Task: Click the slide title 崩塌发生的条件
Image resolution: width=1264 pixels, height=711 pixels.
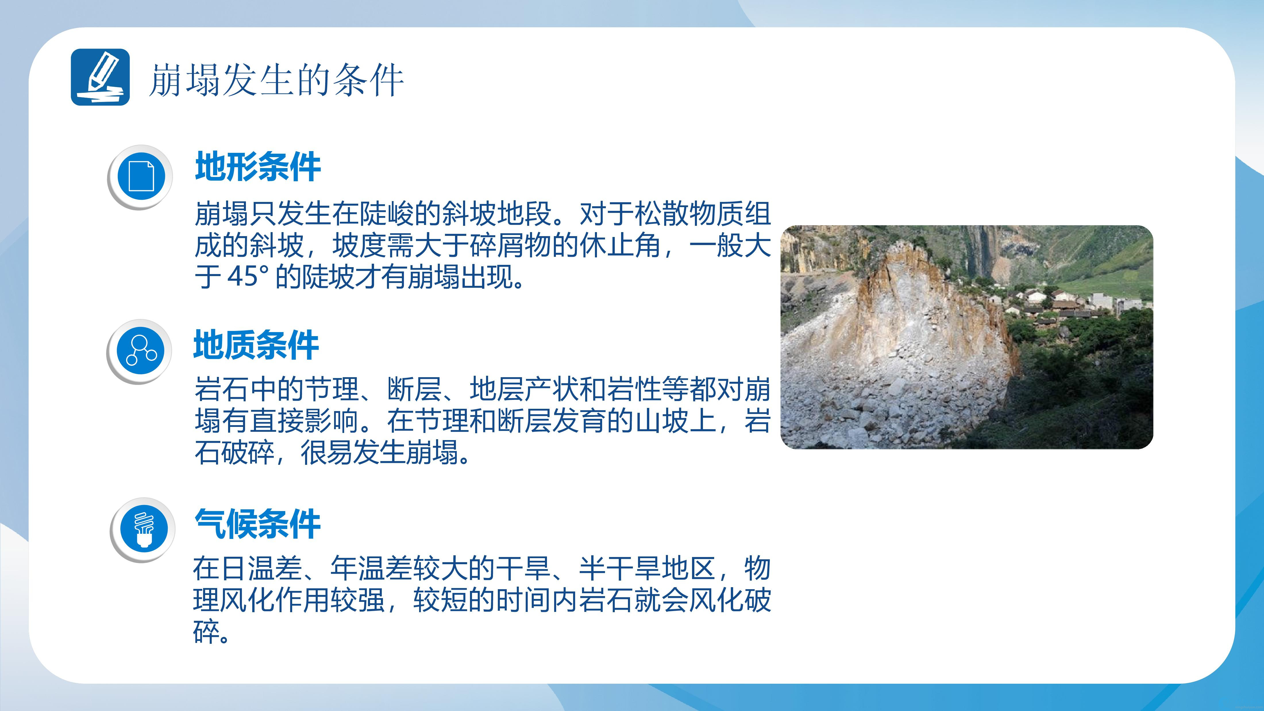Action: pyautogui.click(x=276, y=80)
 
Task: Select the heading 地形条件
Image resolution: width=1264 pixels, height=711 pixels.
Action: pyautogui.click(x=258, y=167)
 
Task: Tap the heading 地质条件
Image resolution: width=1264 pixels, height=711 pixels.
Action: pyautogui.click(x=256, y=345)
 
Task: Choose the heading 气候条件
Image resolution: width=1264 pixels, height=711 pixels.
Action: pyautogui.click(x=258, y=524)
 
